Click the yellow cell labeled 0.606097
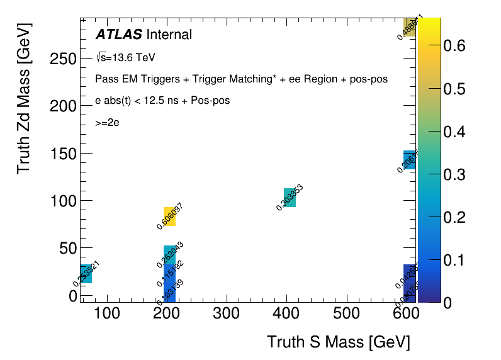tap(169, 217)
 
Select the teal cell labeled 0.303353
tap(290, 198)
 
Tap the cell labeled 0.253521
tap(86, 274)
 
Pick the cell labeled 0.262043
tap(170, 254)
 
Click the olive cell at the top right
tap(409, 27)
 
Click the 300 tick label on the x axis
tap(226, 313)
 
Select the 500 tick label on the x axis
tap(346, 313)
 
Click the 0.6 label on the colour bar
tap(453, 45)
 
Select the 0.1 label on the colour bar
tap(453, 260)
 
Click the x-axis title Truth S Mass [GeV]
tap(339, 342)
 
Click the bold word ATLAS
tap(118, 35)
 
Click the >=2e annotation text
tap(108, 123)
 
